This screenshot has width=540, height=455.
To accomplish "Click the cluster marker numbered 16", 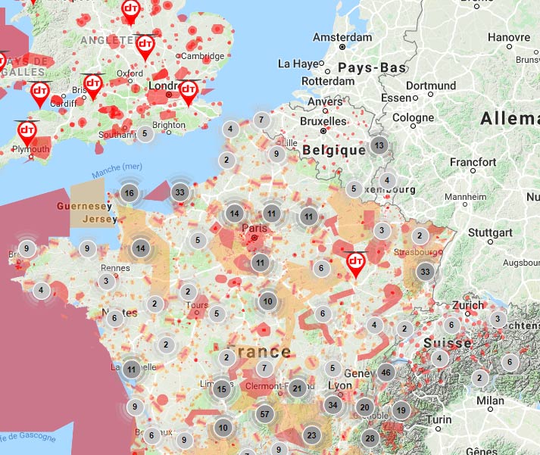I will point(130,193).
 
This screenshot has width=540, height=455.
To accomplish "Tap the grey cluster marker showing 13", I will point(379,145).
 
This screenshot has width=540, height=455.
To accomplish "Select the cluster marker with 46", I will point(386,372).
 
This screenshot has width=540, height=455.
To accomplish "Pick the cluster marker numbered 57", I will point(264,414).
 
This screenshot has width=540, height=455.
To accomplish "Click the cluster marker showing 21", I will point(298,388).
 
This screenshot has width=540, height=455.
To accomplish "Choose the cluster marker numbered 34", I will point(332,404).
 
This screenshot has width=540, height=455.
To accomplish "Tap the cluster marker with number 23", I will point(311,435).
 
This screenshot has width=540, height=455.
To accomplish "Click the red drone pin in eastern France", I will point(354,263).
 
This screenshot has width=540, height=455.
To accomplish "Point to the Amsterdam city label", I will point(343,37).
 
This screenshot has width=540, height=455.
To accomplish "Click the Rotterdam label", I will point(328,81).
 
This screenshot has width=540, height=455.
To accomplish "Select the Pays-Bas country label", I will point(372,67).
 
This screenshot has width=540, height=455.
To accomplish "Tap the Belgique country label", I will point(334,150).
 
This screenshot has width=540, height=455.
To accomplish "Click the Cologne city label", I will point(413,118).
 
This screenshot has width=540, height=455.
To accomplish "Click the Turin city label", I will point(439,419).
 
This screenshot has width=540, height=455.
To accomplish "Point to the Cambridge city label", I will point(202,56).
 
